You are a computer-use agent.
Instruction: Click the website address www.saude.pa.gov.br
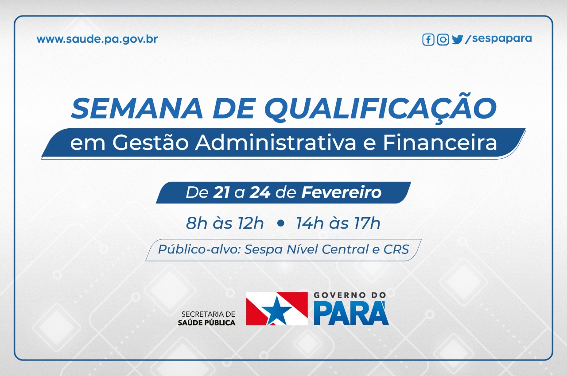97,40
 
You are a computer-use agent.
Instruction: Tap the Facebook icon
428,40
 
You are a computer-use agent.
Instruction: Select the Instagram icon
443,40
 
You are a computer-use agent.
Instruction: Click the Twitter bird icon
458,40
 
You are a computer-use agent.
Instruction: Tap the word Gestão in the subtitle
151,143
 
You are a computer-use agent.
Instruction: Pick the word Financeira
440,143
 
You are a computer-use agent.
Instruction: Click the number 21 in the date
221,192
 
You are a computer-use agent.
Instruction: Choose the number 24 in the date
260,192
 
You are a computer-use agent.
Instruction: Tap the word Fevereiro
342,192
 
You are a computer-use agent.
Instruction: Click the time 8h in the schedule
196,223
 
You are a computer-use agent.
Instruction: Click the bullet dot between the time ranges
280,223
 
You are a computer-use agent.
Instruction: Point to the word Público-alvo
199,249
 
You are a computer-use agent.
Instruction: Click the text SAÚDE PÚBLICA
206,322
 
